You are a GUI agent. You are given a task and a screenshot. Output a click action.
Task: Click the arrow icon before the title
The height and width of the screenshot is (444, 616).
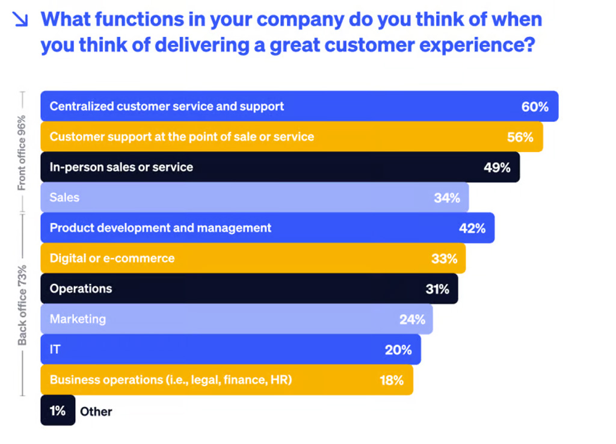coord(20,20)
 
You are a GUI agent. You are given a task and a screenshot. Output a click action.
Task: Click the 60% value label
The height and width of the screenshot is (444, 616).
coord(535,107)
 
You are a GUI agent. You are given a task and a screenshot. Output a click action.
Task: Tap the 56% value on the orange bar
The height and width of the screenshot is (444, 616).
coord(520,137)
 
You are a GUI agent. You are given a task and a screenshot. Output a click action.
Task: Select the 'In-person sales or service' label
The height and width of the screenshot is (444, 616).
coord(121,167)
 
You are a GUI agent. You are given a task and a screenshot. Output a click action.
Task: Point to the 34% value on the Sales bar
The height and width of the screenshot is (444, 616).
coord(446,198)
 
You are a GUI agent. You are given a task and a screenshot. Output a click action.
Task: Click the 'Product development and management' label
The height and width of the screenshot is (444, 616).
coord(160,228)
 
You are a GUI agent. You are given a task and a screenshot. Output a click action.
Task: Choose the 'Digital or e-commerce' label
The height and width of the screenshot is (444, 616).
coord(112,259)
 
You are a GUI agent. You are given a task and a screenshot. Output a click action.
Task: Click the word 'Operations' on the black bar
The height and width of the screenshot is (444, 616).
coord(81,289)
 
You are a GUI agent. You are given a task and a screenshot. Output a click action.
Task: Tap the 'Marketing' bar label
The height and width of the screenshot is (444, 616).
coord(78,319)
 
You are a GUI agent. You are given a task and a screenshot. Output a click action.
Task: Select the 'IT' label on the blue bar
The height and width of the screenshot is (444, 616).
coord(54,350)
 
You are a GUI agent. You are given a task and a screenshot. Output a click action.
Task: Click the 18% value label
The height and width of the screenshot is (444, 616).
coord(391,380)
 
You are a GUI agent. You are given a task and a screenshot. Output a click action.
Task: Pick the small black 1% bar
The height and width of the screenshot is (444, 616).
coord(58,411)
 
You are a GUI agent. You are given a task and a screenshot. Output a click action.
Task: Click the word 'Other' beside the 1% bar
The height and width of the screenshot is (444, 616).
coord(96,412)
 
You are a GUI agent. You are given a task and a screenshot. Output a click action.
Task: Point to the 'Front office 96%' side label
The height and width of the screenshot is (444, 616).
coord(22,152)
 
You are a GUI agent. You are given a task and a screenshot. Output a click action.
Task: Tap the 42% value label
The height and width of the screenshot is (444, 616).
coord(472,228)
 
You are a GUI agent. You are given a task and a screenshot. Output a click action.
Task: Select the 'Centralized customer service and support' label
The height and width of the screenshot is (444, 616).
coord(167,106)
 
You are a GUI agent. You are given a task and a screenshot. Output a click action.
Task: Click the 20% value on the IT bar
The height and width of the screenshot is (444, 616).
coord(398,350)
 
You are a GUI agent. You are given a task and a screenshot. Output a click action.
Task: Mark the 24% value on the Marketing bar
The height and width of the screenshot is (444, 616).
coord(412,319)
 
